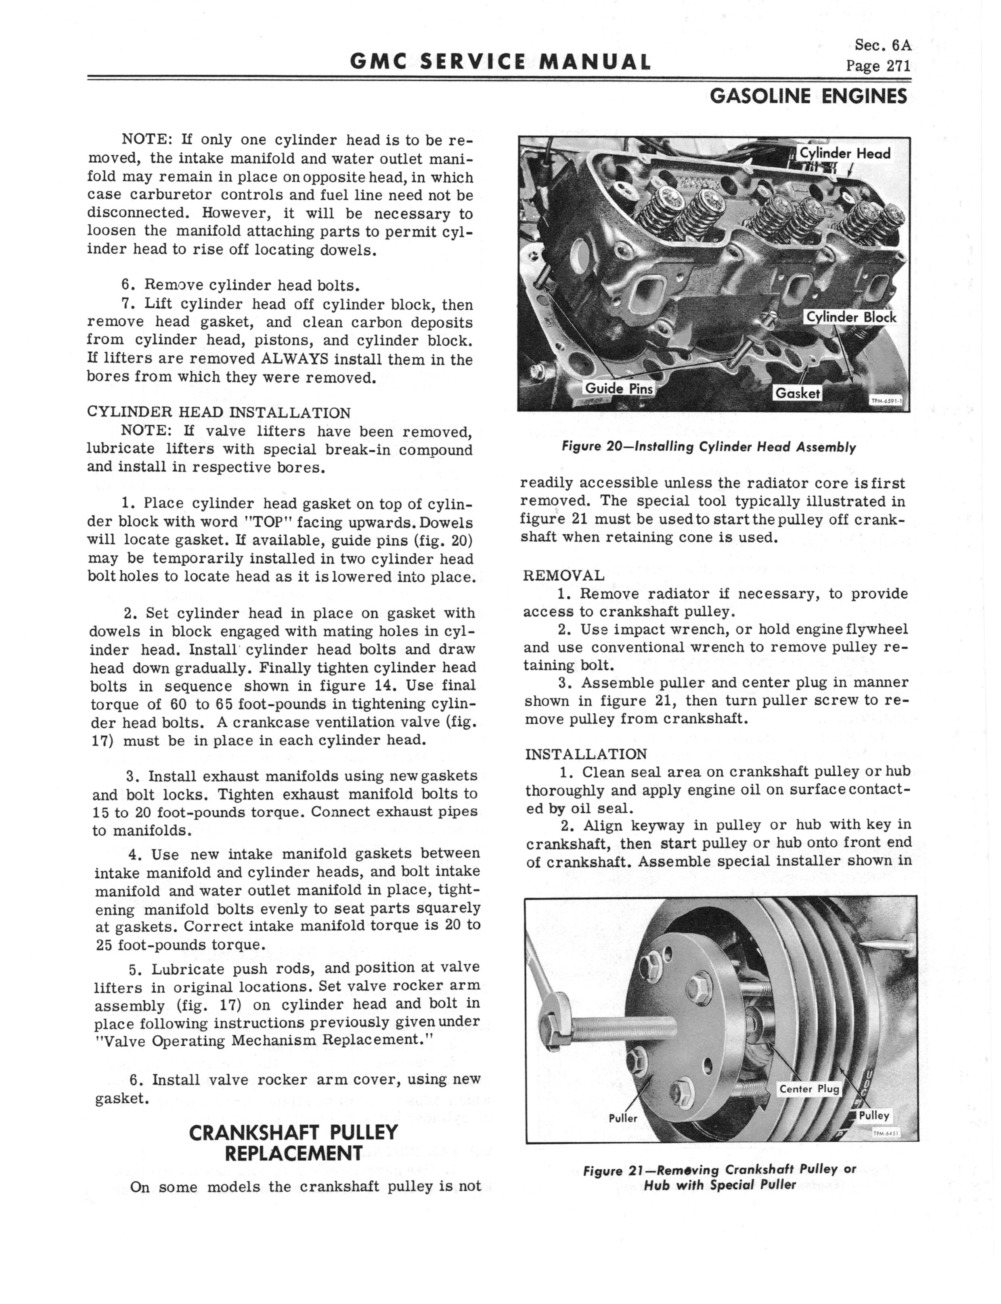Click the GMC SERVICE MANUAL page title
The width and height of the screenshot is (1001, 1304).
pos(499,62)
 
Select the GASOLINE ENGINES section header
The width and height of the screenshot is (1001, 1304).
pos(808,96)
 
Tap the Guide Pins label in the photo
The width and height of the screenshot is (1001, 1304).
pos(618,388)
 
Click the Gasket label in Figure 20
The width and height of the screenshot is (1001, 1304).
pos(797,393)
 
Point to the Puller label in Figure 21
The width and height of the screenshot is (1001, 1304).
pos(623,1118)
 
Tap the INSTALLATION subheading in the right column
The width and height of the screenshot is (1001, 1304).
pos(586,754)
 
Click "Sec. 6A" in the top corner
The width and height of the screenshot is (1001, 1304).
pos(882,45)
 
